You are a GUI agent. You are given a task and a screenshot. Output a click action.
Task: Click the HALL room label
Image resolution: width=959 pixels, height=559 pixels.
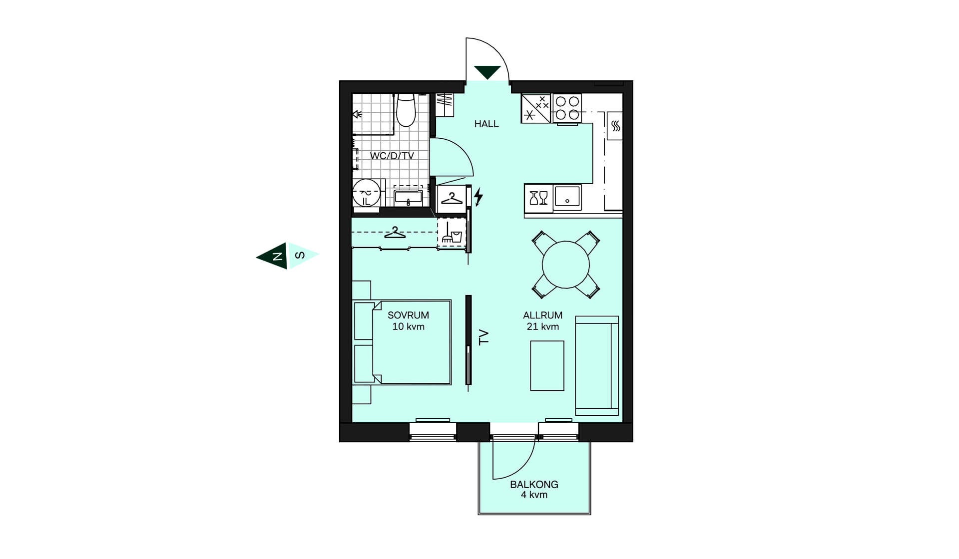pos(486,124)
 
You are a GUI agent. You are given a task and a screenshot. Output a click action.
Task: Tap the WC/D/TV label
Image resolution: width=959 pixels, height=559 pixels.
pos(392,156)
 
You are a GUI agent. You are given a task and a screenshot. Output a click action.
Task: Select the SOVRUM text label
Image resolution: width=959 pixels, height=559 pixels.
pos(408,315)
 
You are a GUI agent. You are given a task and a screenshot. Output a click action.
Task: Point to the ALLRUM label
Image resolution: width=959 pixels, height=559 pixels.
pos(542,315)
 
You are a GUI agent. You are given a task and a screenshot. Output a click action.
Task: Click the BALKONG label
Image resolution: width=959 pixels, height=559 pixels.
pos(534,484)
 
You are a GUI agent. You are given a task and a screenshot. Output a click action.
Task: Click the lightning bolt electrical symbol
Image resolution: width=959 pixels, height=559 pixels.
pos(479,197)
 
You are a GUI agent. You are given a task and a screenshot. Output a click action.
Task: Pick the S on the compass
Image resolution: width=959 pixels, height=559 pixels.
pos(300,256)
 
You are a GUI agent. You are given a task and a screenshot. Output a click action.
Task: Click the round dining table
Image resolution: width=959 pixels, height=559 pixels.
pos(565,265)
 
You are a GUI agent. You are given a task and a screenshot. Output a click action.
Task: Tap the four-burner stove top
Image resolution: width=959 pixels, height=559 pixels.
pos(567,108)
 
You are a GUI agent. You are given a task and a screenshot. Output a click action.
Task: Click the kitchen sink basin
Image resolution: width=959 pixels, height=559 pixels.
pos(567,197)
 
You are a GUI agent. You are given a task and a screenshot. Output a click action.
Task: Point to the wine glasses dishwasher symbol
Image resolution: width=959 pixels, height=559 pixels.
pos(538,198)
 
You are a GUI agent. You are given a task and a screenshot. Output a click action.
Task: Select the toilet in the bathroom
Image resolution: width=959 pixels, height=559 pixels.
pos(406,110)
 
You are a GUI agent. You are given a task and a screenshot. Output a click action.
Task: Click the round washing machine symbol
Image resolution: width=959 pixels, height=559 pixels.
pos(367,193)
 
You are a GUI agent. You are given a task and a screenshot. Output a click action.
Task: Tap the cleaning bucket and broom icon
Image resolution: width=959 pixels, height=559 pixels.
pos(452,233)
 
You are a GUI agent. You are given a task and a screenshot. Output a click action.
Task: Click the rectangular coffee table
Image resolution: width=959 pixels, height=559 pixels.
pos(547,366)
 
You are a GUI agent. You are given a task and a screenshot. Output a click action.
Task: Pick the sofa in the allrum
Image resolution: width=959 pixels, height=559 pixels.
pos(597,366)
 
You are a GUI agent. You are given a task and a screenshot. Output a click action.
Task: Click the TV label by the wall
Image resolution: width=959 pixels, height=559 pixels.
pos(483,337)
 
